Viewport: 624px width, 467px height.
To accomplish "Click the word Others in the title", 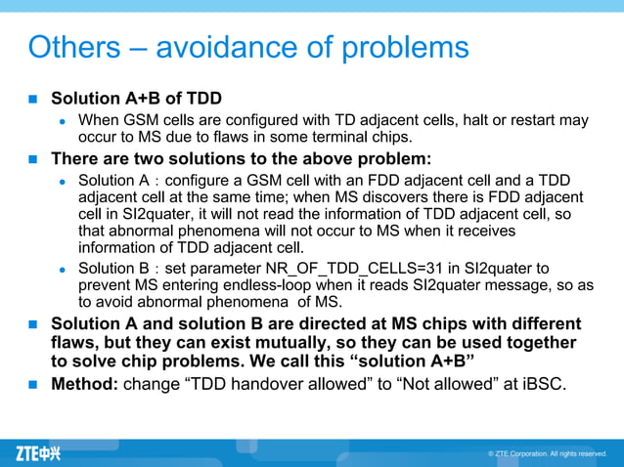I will click(x=74, y=47).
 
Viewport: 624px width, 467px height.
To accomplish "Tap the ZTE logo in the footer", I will click(x=38, y=453).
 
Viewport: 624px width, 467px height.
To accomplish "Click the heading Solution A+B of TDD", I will click(x=136, y=99).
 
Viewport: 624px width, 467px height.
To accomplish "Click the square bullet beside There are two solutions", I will click(x=31, y=158).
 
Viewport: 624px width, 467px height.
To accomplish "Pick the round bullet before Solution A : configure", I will click(x=61, y=181).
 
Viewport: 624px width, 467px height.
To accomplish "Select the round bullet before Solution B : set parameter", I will click(x=61, y=269).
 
